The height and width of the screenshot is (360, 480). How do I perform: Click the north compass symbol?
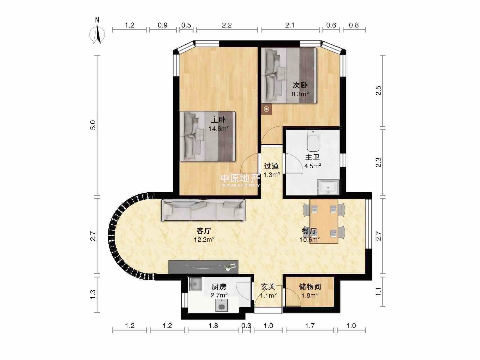point(97,32)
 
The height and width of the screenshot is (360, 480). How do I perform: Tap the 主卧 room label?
point(218,120)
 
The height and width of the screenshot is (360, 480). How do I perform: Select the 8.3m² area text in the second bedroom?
point(300,94)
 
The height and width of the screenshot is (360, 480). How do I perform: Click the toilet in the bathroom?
point(313,141)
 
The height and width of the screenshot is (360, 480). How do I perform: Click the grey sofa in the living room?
point(203,210)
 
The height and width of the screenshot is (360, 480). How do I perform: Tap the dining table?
point(324,221)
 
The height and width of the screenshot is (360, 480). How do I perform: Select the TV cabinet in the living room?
point(203,267)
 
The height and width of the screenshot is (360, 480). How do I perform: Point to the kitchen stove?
point(222,305)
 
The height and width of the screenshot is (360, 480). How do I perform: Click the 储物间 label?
point(310,287)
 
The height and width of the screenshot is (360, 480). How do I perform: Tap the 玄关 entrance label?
point(268,287)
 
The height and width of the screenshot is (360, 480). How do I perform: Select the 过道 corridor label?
point(271,166)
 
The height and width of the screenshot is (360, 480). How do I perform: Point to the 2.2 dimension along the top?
point(227,25)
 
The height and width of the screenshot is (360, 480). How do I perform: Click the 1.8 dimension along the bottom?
point(213,325)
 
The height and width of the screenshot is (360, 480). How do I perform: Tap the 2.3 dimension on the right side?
point(378,162)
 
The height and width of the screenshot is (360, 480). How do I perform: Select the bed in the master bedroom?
point(208,136)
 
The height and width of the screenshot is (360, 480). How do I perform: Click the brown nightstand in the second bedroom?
point(267,109)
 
